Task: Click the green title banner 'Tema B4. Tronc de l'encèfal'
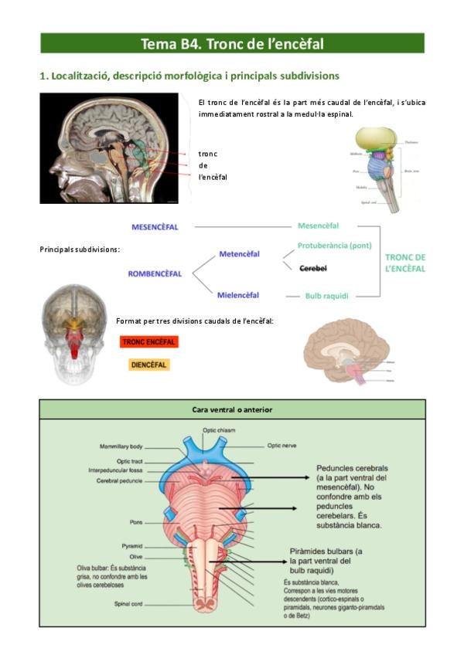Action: point(232,43)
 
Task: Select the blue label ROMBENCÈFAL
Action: point(155,273)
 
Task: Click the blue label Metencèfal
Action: point(239,254)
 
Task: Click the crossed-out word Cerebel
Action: point(312,268)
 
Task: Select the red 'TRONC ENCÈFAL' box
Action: point(149,341)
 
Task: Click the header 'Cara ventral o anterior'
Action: point(232,409)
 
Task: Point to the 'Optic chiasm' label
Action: point(219,429)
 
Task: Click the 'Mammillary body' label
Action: point(121,446)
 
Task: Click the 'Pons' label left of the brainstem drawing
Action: point(136,521)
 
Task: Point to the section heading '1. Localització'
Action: point(189,76)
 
